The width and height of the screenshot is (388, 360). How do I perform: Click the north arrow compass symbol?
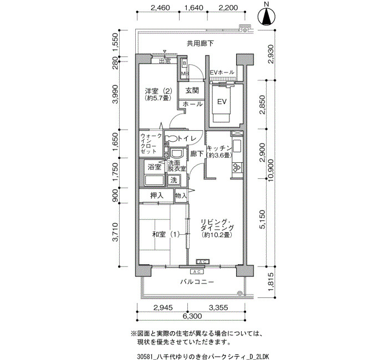266,17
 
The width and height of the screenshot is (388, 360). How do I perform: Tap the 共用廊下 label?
200,44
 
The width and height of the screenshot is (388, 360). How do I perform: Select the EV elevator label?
222,101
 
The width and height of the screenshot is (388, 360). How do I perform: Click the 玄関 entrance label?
192,90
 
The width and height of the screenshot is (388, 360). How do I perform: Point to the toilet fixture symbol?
171,138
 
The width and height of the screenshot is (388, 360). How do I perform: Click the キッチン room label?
219,148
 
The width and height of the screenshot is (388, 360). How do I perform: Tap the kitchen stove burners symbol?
237,167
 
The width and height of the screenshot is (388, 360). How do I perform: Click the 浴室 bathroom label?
155,167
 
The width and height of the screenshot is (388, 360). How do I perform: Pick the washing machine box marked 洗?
173,180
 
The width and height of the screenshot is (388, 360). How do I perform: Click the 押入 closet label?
157,196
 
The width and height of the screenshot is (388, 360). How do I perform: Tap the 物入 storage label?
181,196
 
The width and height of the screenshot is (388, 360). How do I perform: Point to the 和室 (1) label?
166,234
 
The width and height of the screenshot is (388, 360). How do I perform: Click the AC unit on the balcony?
197,272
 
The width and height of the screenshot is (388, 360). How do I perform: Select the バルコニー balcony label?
197,281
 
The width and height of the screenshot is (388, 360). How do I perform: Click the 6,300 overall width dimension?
192,316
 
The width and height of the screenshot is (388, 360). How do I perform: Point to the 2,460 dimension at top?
160,8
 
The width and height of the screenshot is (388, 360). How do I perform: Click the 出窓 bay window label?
165,61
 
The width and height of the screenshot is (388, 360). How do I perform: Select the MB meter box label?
185,74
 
